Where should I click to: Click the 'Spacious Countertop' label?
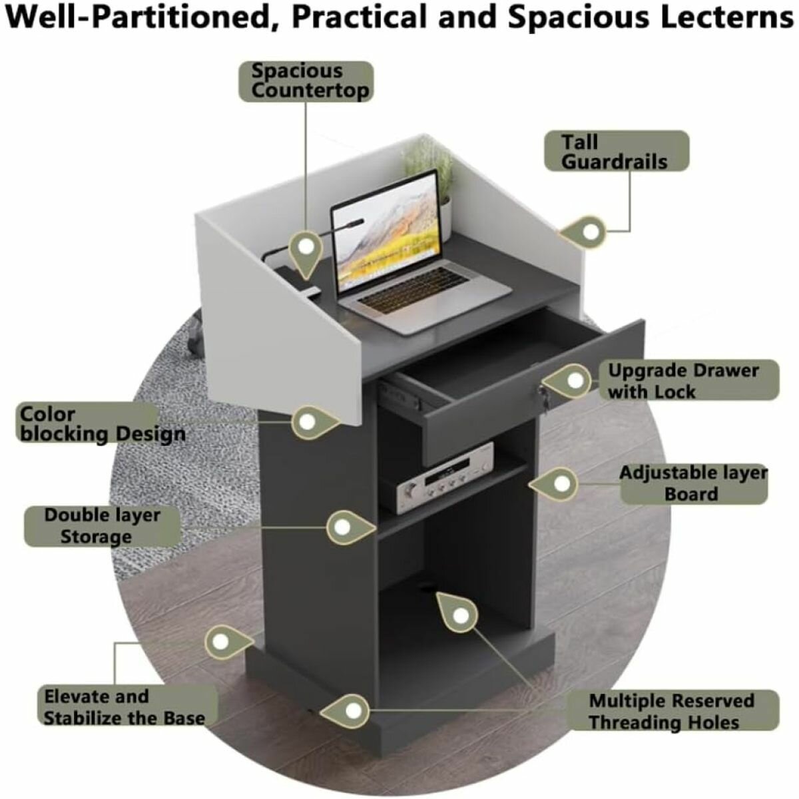[x=305, y=81]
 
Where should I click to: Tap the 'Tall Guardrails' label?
[x=615, y=152]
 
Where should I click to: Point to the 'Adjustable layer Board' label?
[x=693, y=483]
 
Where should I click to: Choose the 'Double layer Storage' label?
[x=102, y=526]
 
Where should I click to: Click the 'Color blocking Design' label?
[x=102, y=424]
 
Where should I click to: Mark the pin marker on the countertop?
[x=306, y=248]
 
